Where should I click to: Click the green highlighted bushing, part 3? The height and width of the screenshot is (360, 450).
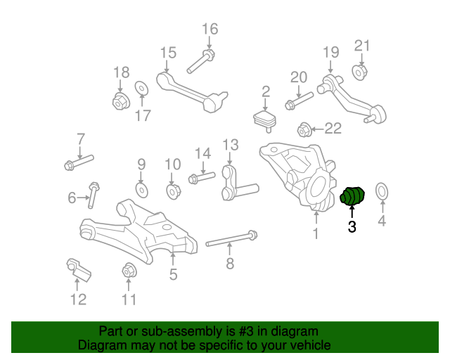pyautogui.click(x=351, y=196)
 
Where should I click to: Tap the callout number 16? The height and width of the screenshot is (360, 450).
pyautogui.click(x=210, y=29)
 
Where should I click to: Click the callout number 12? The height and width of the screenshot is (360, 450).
pyautogui.click(x=78, y=300)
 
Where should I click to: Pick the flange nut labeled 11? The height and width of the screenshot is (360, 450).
pyautogui.click(x=129, y=269)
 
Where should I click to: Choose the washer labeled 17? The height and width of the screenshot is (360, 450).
pyautogui.click(x=141, y=88)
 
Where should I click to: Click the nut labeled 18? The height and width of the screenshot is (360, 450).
pyautogui.click(x=120, y=101)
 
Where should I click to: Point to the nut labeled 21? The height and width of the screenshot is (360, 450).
pyautogui.click(x=359, y=72)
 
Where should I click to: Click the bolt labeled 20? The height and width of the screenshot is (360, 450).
pyautogui.click(x=298, y=102)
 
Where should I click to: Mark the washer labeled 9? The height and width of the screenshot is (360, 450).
pyautogui.click(x=141, y=190)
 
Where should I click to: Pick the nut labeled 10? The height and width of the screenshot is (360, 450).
pyautogui.click(x=172, y=191)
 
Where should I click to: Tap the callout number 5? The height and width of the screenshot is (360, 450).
pyautogui.click(x=173, y=275)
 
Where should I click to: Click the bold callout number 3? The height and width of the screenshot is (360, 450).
pyautogui.click(x=352, y=226)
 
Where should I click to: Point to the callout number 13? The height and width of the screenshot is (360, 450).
pyautogui.click(x=231, y=145)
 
